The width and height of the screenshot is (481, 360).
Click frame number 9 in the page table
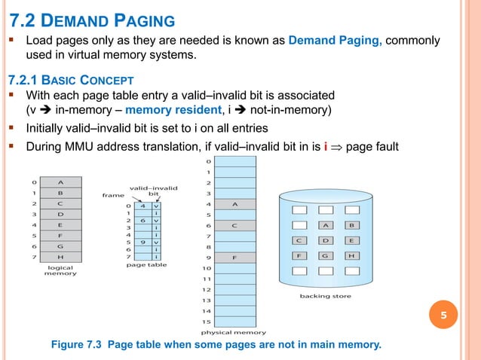click(142, 243)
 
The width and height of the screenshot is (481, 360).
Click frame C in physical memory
click(235, 224)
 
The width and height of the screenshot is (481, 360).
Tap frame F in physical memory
click(235, 258)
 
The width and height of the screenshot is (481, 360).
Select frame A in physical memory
click(235, 203)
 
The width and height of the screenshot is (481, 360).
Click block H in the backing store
click(351, 256)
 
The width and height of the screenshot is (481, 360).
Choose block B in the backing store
click(351, 224)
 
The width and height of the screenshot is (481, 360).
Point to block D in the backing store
click(326, 240)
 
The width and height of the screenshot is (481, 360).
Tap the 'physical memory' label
click(233, 331)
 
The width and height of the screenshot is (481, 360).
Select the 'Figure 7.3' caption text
click(216, 345)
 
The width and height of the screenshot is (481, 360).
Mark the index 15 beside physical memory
click(205, 322)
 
